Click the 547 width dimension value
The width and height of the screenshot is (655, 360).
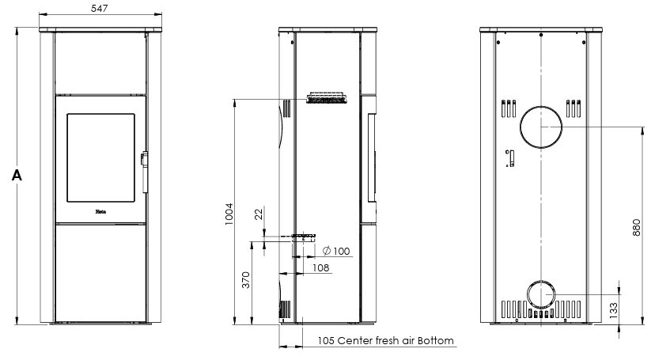[100, 8]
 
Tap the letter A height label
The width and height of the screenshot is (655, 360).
[16, 175]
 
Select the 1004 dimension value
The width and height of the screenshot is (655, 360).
[229, 212]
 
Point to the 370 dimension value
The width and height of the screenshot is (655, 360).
[246, 280]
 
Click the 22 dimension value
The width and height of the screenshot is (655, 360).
[257, 214]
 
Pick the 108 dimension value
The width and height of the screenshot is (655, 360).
[320, 269]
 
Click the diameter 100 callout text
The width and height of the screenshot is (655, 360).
[336, 252]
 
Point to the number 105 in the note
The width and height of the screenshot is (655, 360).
[325, 342]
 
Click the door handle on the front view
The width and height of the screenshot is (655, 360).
[143, 169]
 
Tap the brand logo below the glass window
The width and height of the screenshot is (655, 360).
[100, 211]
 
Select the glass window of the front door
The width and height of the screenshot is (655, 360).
[100, 157]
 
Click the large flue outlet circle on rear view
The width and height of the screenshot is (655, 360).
[541, 127]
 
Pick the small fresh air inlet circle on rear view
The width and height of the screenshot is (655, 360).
[541, 294]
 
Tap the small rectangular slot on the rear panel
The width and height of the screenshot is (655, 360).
[510, 157]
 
